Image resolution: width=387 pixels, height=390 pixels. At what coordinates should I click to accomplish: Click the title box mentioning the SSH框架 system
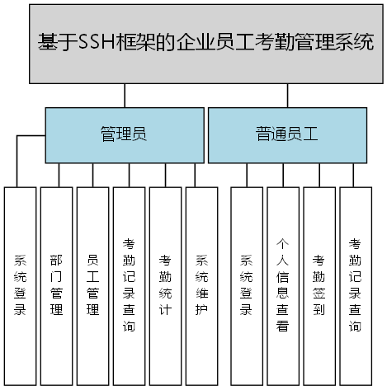click(206, 43)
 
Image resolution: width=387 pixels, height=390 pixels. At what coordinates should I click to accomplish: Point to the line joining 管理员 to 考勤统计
click(165, 175)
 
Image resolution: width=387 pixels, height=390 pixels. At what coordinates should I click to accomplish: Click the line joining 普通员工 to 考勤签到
click(319, 175)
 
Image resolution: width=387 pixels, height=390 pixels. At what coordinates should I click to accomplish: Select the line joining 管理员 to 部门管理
click(56, 175)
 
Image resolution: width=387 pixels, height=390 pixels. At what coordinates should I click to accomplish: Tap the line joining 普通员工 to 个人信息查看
click(282, 175)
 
